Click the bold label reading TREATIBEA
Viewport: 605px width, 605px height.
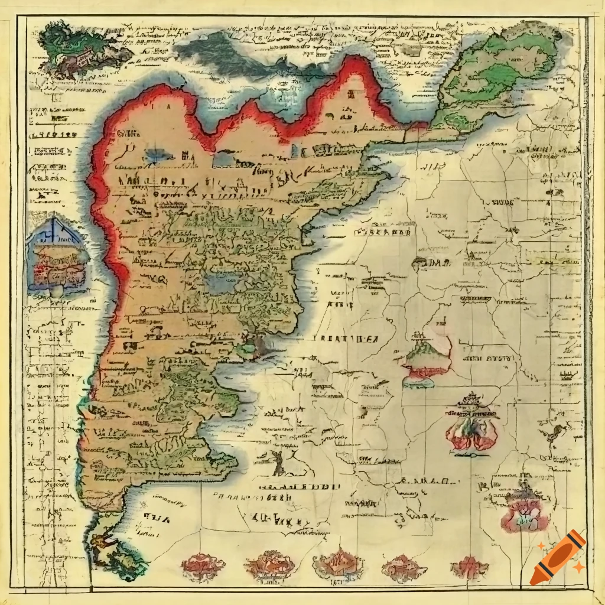[343, 339]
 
